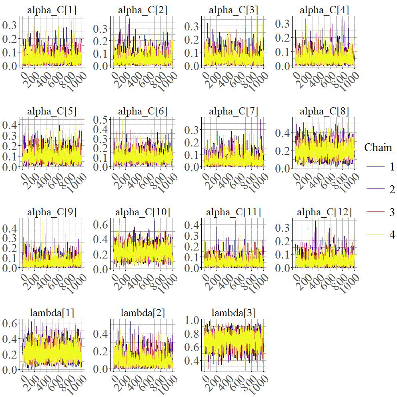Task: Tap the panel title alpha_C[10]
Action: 143,212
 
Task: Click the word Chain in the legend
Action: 378,148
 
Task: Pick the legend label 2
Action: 392,190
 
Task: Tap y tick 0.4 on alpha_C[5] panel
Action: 9,125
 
